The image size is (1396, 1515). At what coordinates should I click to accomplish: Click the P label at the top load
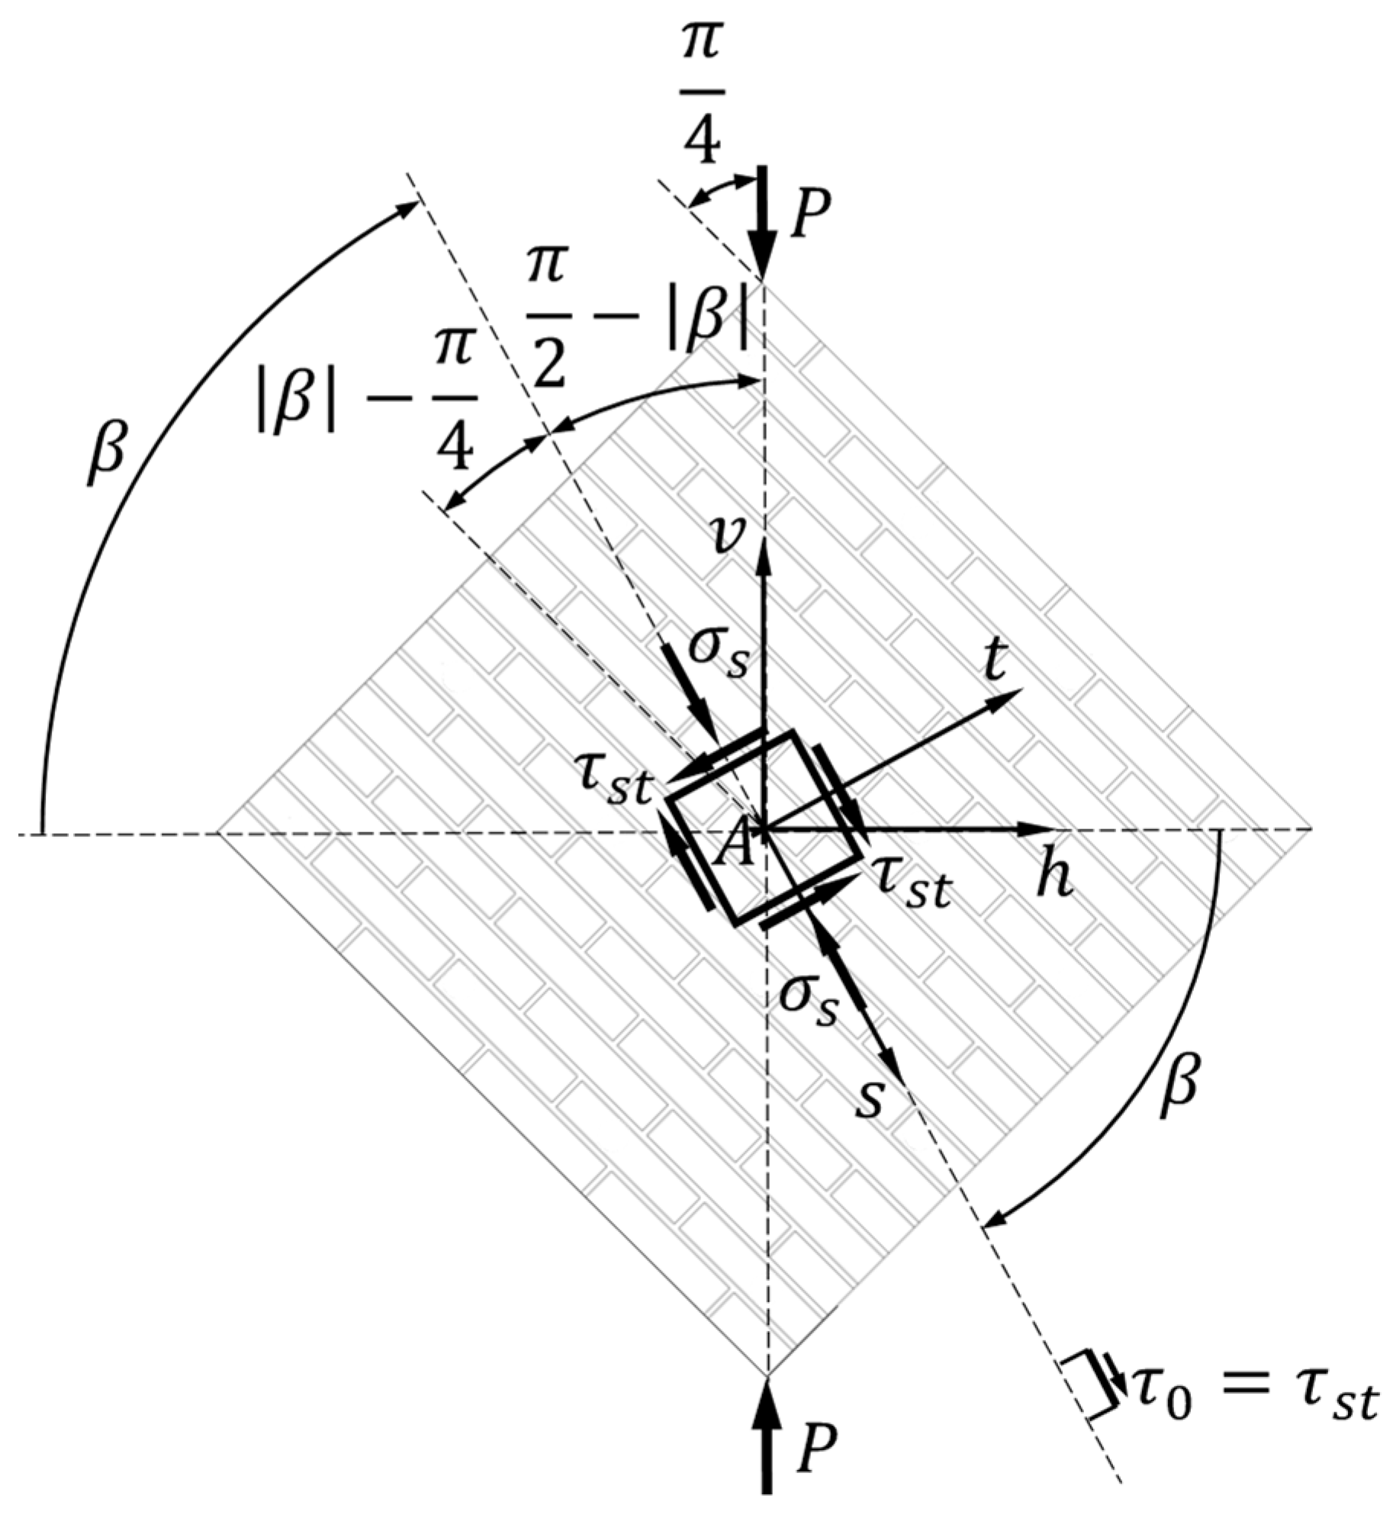(810, 216)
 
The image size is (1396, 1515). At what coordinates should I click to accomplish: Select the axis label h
(1055, 878)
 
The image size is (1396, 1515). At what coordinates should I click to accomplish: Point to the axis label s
(869, 1098)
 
